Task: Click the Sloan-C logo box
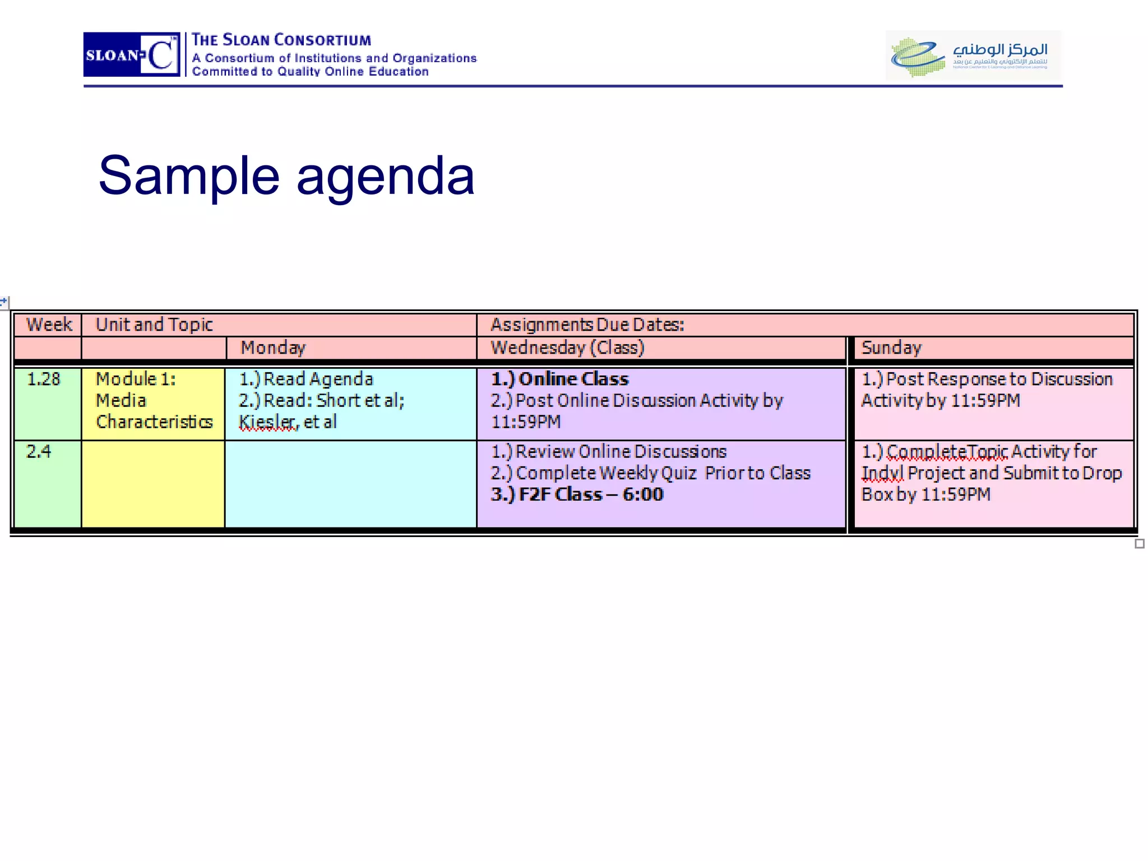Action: tap(131, 54)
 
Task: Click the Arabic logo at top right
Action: tap(973, 55)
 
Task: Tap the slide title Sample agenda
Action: tap(286, 175)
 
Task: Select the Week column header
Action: tap(49, 325)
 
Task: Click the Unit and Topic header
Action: tap(154, 325)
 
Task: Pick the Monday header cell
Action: tap(273, 348)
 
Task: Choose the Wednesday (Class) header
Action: tap(567, 348)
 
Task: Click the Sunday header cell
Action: tap(891, 348)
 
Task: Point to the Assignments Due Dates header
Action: tap(587, 325)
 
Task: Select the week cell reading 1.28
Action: tap(43, 379)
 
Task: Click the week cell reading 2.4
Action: tap(39, 452)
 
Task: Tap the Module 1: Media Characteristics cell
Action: tap(154, 401)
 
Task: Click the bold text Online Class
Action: tap(573, 379)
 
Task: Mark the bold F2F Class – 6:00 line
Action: tap(577, 494)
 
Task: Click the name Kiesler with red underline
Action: tap(268, 422)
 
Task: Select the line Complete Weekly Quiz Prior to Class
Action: tap(651, 473)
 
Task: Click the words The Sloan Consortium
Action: tap(281, 40)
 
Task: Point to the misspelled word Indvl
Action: tap(882, 473)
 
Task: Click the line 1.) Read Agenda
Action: tap(306, 379)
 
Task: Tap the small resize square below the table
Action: tap(1139, 544)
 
